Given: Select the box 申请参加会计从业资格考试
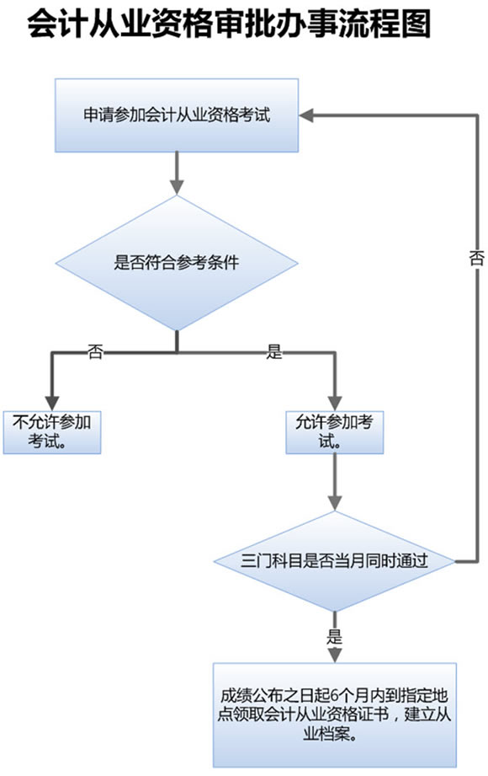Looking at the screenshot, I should tap(177, 115).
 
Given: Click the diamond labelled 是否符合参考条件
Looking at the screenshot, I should tap(177, 262).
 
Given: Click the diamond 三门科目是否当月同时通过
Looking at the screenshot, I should tap(335, 561).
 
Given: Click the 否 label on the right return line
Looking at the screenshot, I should tap(476, 259).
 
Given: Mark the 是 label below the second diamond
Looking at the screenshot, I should tap(335, 636).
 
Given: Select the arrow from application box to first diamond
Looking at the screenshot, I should tap(177, 174).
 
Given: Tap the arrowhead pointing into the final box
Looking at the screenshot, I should tap(335, 655).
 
